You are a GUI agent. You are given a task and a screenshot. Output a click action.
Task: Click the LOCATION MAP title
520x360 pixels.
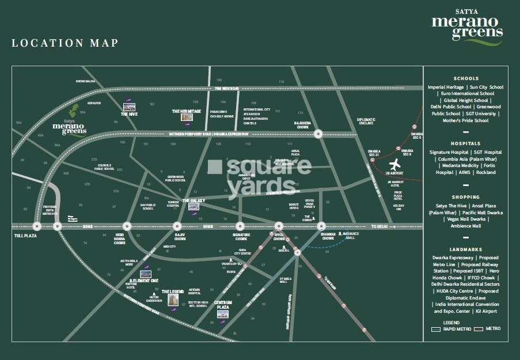point(64,43)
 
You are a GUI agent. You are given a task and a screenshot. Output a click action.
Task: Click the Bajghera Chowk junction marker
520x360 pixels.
point(317,134)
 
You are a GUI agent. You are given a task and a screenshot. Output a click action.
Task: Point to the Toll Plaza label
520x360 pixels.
point(25,236)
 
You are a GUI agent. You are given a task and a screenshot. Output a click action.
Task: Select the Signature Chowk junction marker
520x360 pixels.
point(241,226)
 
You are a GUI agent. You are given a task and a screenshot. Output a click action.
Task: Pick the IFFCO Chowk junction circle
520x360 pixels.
point(279,226)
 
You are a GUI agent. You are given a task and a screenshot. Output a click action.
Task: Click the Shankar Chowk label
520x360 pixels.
point(328,237)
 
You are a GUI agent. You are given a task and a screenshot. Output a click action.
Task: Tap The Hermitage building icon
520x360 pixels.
point(186,118)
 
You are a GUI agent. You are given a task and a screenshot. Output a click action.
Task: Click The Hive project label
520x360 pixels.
point(128,114)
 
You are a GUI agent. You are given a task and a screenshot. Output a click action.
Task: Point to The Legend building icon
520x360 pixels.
point(172,300)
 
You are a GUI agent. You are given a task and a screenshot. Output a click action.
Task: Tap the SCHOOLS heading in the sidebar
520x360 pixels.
point(466,78)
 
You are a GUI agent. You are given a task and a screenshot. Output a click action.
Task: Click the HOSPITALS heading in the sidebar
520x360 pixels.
point(466,143)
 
